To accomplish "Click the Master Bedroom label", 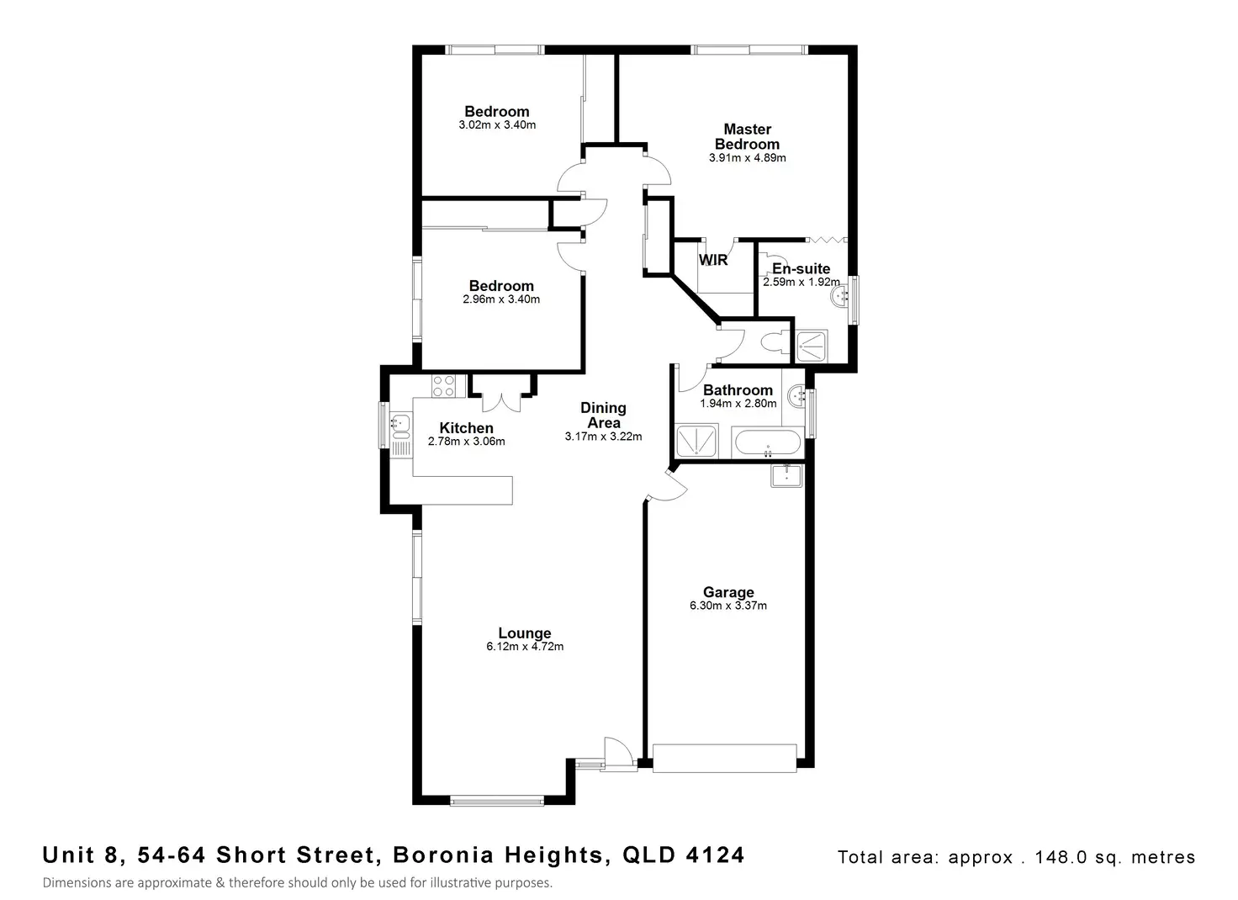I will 747,136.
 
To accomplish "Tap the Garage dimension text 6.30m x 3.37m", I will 727,606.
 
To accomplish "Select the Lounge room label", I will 524,633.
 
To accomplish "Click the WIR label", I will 713,260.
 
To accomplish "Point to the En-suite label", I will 801,269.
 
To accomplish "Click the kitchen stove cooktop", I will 443,386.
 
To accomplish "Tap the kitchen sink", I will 399,426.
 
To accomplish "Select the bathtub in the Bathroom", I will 768,442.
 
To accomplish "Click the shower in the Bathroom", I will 698,442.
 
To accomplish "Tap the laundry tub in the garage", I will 786,475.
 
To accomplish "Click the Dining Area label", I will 603,415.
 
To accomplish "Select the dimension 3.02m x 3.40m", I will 497,125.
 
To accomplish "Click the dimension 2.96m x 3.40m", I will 501,299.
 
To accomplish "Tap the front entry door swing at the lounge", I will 618,750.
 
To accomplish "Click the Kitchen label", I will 466,428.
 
